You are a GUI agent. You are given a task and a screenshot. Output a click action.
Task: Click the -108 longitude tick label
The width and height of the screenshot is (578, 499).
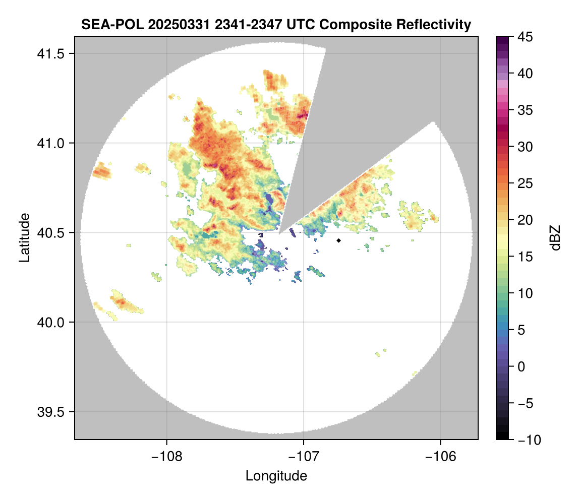(x=166, y=456)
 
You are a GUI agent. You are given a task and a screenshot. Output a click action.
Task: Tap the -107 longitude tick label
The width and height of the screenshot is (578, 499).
(x=304, y=456)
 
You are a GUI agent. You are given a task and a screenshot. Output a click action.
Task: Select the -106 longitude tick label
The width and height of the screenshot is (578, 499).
(x=441, y=456)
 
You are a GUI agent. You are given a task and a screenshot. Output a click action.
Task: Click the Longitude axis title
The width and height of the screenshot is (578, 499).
(x=276, y=475)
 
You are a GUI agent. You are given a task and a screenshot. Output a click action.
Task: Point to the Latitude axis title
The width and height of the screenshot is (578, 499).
(x=24, y=237)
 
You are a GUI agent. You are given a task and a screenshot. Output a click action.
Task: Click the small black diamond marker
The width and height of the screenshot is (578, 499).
(x=339, y=240)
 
